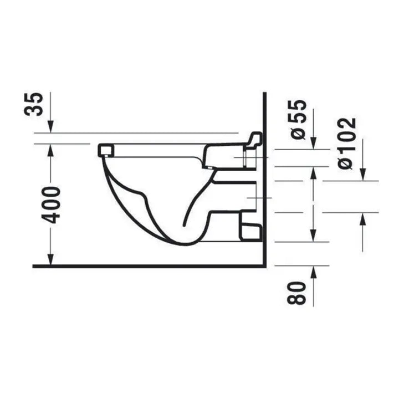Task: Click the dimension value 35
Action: [x=34, y=104]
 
